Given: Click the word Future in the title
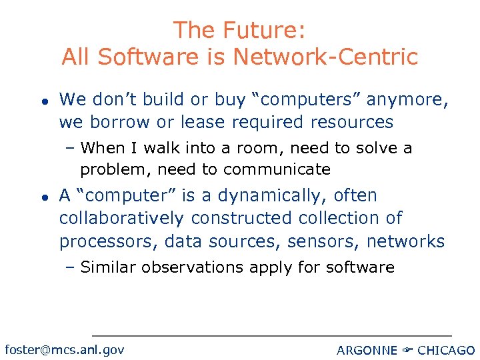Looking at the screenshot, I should tap(261, 30).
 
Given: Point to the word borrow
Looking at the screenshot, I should tap(110, 123).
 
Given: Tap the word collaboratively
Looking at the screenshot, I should tap(121, 219).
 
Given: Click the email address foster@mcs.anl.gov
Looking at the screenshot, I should tap(64, 349).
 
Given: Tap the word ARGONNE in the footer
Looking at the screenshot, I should tap(367, 350).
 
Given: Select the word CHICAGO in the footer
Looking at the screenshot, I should tap(446, 350).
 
